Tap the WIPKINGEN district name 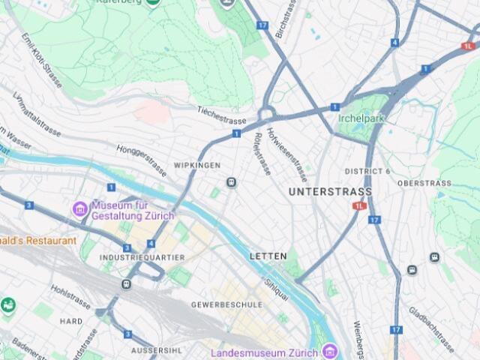[x=197, y=165]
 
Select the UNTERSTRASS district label [x=330, y=192]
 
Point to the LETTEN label [x=268, y=256]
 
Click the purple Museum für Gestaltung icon [x=79, y=208]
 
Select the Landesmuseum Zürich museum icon [x=329, y=351]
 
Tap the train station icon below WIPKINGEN [x=232, y=182]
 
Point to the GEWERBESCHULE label [x=226, y=304]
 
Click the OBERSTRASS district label [x=424, y=183]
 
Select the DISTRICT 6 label [x=367, y=171]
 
